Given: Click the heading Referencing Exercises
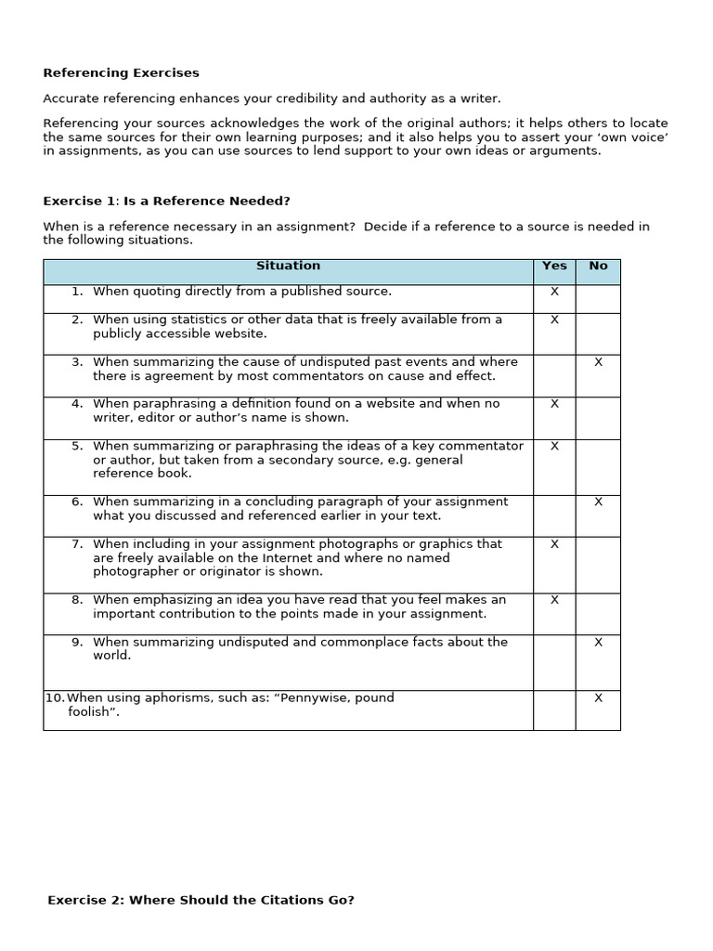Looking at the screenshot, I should pyautogui.click(x=121, y=73).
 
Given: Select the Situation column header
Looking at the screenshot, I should pyautogui.click(x=288, y=267).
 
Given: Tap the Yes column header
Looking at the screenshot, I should pyautogui.click(x=554, y=267).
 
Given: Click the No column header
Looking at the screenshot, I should pyautogui.click(x=598, y=267).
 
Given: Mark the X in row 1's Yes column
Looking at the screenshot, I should pyautogui.click(x=554, y=292).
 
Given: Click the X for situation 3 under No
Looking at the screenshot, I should pyautogui.click(x=598, y=362).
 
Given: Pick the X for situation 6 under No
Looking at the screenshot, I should pyautogui.click(x=598, y=502).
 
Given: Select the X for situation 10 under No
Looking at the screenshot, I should pyautogui.click(x=598, y=698).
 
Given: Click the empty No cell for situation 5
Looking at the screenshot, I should pyautogui.click(x=598, y=466).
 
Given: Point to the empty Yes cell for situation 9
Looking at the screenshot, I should pyautogui.click(x=554, y=662).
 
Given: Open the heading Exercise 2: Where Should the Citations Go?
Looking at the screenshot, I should pyautogui.click(x=201, y=900).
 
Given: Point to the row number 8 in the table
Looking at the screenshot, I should pyautogui.click(x=77, y=600).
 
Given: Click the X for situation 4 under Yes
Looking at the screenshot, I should pyautogui.click(x=554, y=404).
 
